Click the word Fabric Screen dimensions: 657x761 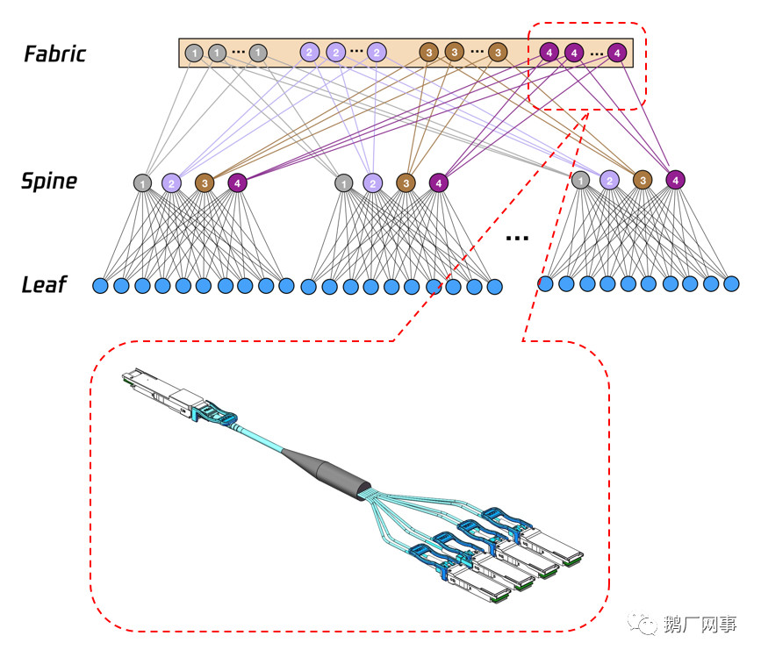click(54, 54)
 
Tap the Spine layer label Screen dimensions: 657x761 click(49, 182)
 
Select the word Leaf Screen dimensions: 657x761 click(45, 284)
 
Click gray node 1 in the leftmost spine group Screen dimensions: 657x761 click(142, 182)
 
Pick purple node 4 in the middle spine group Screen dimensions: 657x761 click(437, 182)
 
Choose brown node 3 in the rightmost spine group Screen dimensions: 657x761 click(643, 180)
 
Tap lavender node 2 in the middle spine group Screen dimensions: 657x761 click(373, 182)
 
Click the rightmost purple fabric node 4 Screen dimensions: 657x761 click(618, 53)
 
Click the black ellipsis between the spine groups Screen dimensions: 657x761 click(518, 237)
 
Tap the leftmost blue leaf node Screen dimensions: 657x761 click(100, 285)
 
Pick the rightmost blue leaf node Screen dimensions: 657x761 click(730, 283)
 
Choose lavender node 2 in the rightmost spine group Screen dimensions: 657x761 click(610, 180)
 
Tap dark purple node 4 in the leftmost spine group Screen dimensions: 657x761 click(237, 182)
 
